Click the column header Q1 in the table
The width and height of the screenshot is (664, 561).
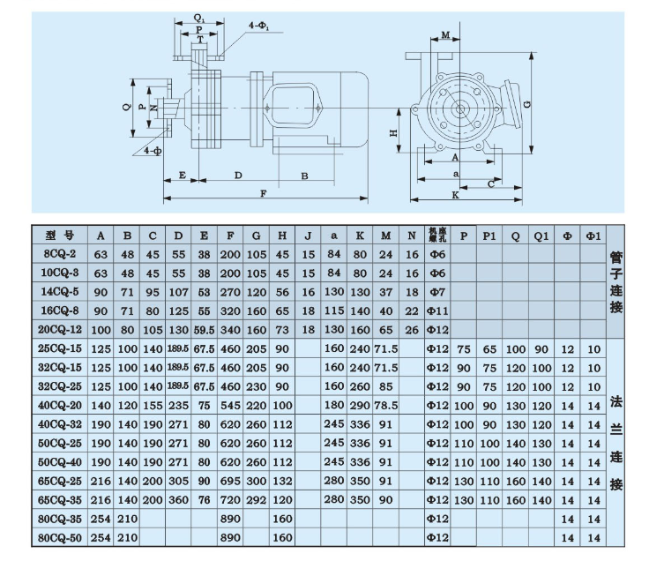click(x=540, y=236)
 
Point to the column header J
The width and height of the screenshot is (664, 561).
click(x=308, y=236)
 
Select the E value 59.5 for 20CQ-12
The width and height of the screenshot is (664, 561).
click(x=205, y=329)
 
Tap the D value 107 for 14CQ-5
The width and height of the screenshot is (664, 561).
click(x=179, y=291)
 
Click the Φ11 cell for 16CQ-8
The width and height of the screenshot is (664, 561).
click(x=437, y=310)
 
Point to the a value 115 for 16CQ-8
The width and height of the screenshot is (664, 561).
click(x=333, y=310)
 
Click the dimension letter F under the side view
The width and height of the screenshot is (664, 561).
click(x=263, y=193)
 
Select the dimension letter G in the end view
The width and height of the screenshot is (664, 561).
click(x=526, y=103)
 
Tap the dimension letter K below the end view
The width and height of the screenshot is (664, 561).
click(x=455, y=193)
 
